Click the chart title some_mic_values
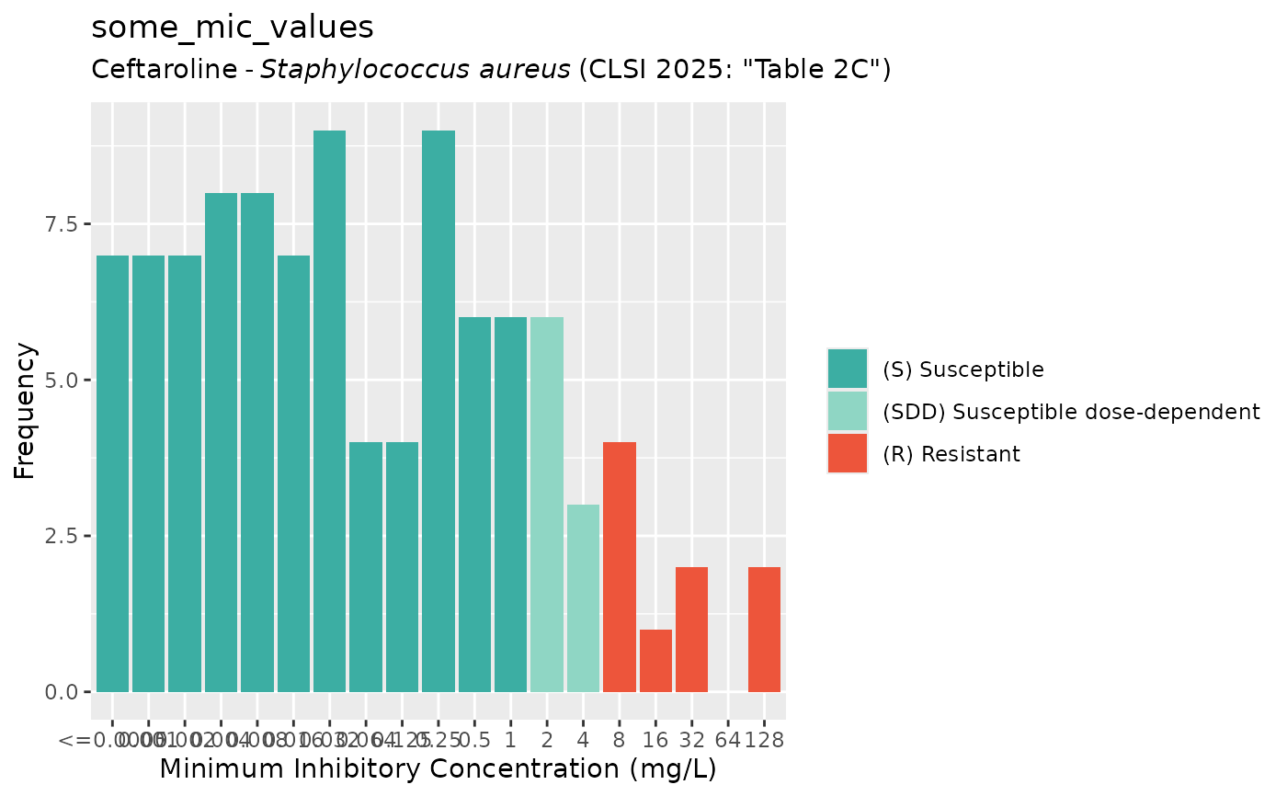233,28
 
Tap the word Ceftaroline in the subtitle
165,70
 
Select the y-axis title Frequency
25,411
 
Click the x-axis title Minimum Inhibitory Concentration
438,768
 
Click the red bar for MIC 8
620,567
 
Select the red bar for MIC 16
655,660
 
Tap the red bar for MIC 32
691,630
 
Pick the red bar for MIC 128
764,630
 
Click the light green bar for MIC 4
583,598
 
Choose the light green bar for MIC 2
547,505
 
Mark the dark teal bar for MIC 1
511,505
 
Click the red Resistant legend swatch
847,453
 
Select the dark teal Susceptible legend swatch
847,369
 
